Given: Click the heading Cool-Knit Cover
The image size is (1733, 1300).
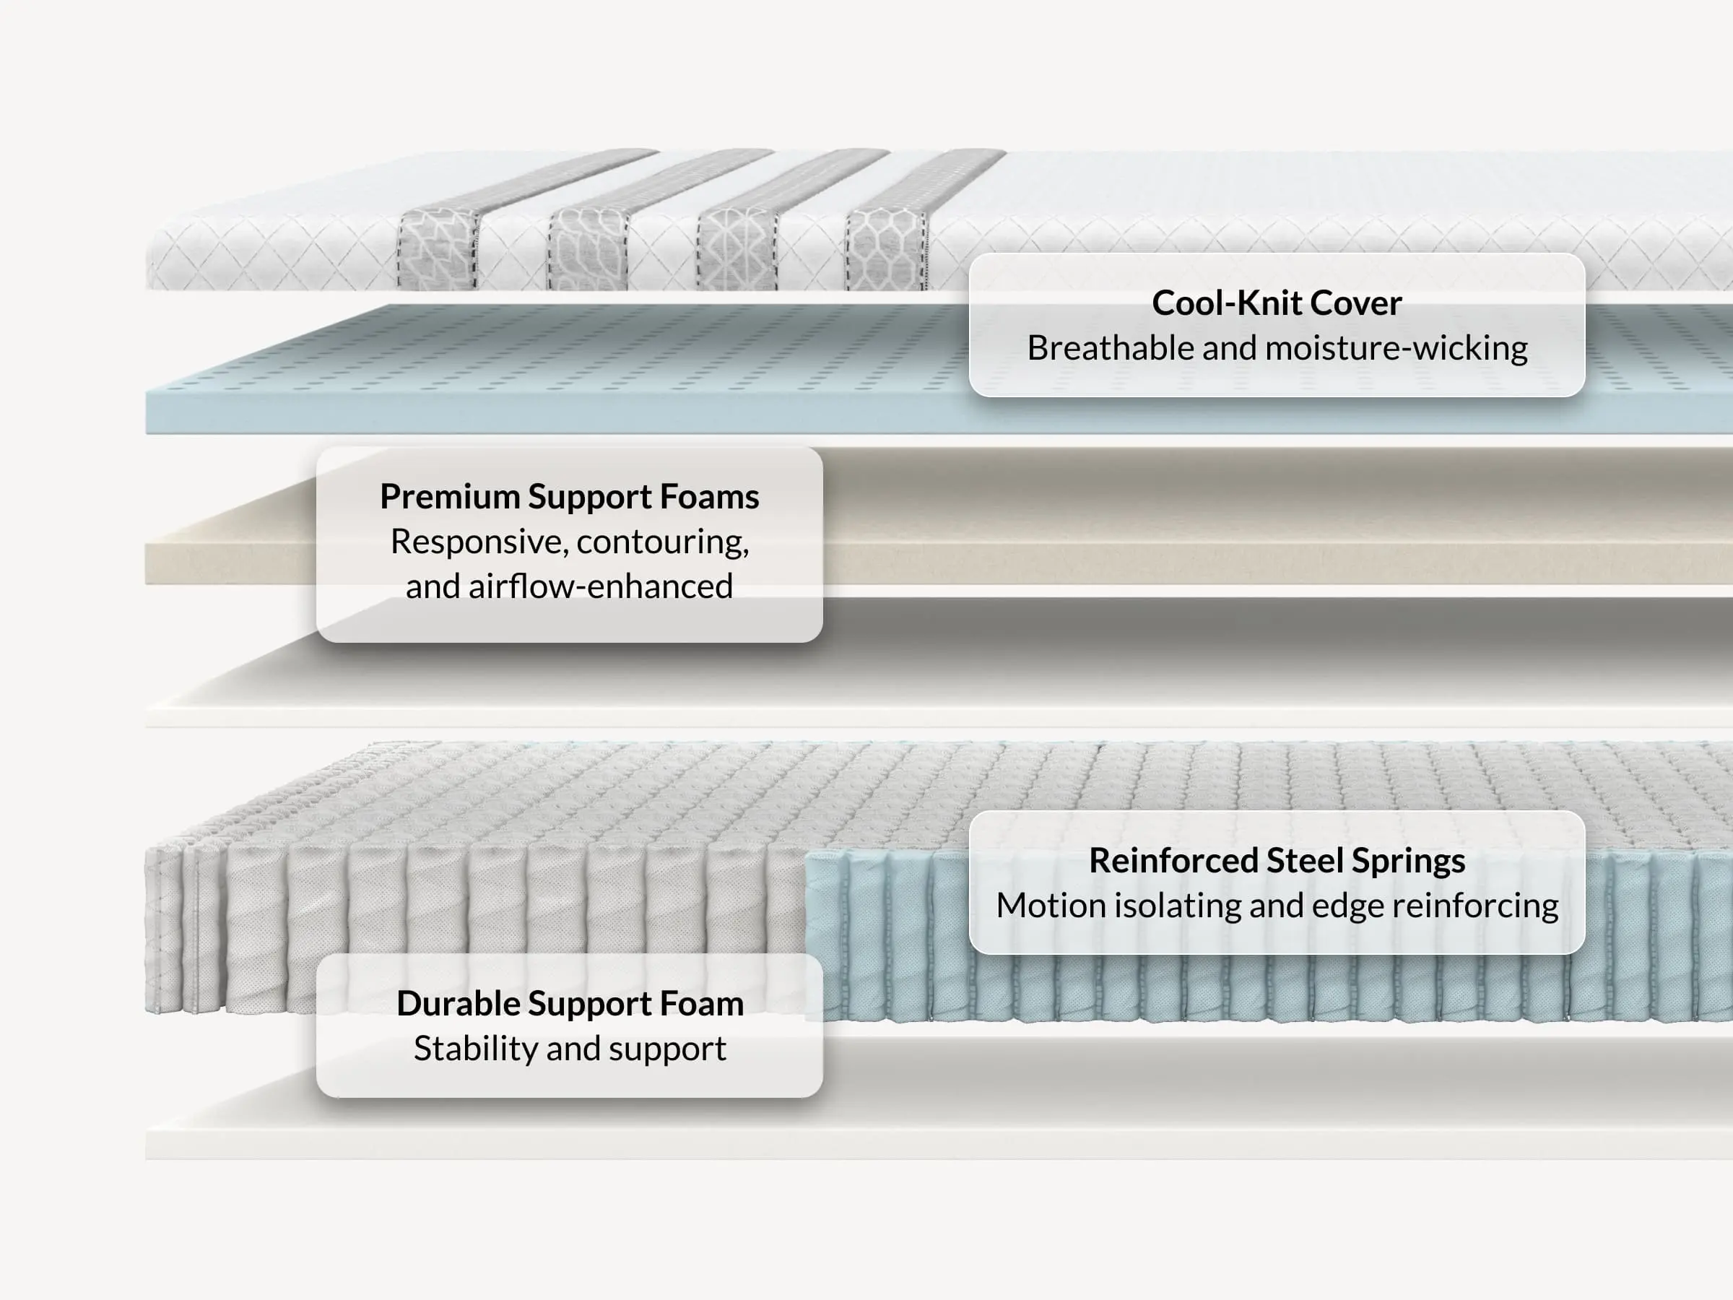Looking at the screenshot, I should pyautogui.click(x=1276, y=303).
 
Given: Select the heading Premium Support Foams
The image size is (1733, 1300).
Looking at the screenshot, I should pyautogui.click(x=570, y=497).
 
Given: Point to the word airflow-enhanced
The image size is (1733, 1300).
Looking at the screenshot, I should pyautogui.click(x=601, y=586).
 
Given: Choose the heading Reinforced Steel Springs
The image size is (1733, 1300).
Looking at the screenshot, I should pyautogui.click(x=1276, y=860).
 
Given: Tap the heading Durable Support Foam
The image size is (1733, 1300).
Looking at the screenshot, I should pyautogui.click(x=570, y=1004).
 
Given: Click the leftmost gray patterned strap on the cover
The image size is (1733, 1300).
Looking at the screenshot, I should pyautogui.click(x=437, y=248).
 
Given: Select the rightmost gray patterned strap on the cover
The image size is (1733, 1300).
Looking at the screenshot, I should pyautogui.click(x=886, y=248).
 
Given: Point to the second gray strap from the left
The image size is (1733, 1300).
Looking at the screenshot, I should pyautogui.click(x=587, y=248).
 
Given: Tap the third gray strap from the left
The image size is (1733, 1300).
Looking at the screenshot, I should pyautogui.click(x=737, y=248).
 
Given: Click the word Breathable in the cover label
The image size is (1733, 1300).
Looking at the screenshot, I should pyautogui.click(x=1111, y=348).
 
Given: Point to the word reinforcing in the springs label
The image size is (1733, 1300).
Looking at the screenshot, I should pyautogui.click(x=1475, y=906).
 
